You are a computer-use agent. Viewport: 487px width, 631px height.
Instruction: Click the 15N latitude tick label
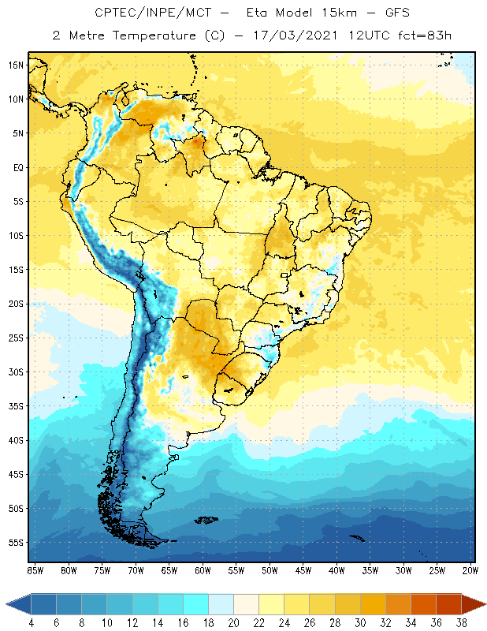coord(15,65)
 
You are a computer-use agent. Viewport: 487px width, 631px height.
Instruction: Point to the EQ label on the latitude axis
coord(17,167)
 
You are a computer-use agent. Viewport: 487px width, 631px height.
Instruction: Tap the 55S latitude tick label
coord(15,543)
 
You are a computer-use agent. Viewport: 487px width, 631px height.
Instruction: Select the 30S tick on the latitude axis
coord(15,372)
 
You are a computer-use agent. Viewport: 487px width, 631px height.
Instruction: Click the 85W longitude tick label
coord(35,570)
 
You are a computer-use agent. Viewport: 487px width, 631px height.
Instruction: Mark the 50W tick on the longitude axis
coord(270,570)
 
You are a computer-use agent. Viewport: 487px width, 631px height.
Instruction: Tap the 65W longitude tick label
coord(169,570)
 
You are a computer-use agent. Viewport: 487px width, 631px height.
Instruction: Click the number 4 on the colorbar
coord(32,623)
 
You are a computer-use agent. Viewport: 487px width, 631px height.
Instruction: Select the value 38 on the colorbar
coord(460,623)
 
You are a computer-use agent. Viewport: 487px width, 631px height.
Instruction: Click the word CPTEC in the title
coord(115,13)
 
